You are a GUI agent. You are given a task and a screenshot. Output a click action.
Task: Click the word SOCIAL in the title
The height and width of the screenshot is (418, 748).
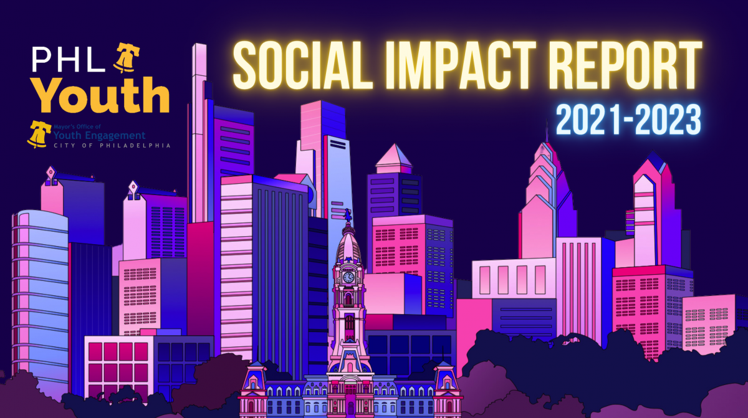(x=302, y=65)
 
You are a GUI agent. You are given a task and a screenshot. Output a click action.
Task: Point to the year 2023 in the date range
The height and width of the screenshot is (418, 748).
(x=668, y=120)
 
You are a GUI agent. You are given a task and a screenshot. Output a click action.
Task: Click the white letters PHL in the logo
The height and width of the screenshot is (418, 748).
(x=69, y=59)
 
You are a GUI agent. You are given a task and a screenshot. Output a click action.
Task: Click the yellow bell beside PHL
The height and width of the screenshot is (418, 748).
(x=126, y=58)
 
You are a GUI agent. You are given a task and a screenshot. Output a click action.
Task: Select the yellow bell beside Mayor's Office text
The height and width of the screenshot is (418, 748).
(x=39, y=134)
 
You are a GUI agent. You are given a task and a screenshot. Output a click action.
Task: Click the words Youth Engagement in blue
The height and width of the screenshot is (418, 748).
(x=99, y=135)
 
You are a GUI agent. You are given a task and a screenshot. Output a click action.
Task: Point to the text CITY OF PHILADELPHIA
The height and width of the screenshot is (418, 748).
(x=112, y=145)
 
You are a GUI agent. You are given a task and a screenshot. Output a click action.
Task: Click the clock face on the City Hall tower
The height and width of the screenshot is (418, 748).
(x=348, y=277)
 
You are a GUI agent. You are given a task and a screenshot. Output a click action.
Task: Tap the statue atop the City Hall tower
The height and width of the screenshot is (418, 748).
(x=348, y=215)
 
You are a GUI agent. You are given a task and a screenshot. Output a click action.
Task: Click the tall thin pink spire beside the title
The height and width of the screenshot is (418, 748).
(x=199, y=133)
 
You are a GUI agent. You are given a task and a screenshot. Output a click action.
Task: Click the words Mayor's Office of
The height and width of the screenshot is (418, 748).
(x=77, y=126)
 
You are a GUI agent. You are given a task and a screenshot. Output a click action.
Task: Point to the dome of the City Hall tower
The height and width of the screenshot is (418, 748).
(x=348, y=245)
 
